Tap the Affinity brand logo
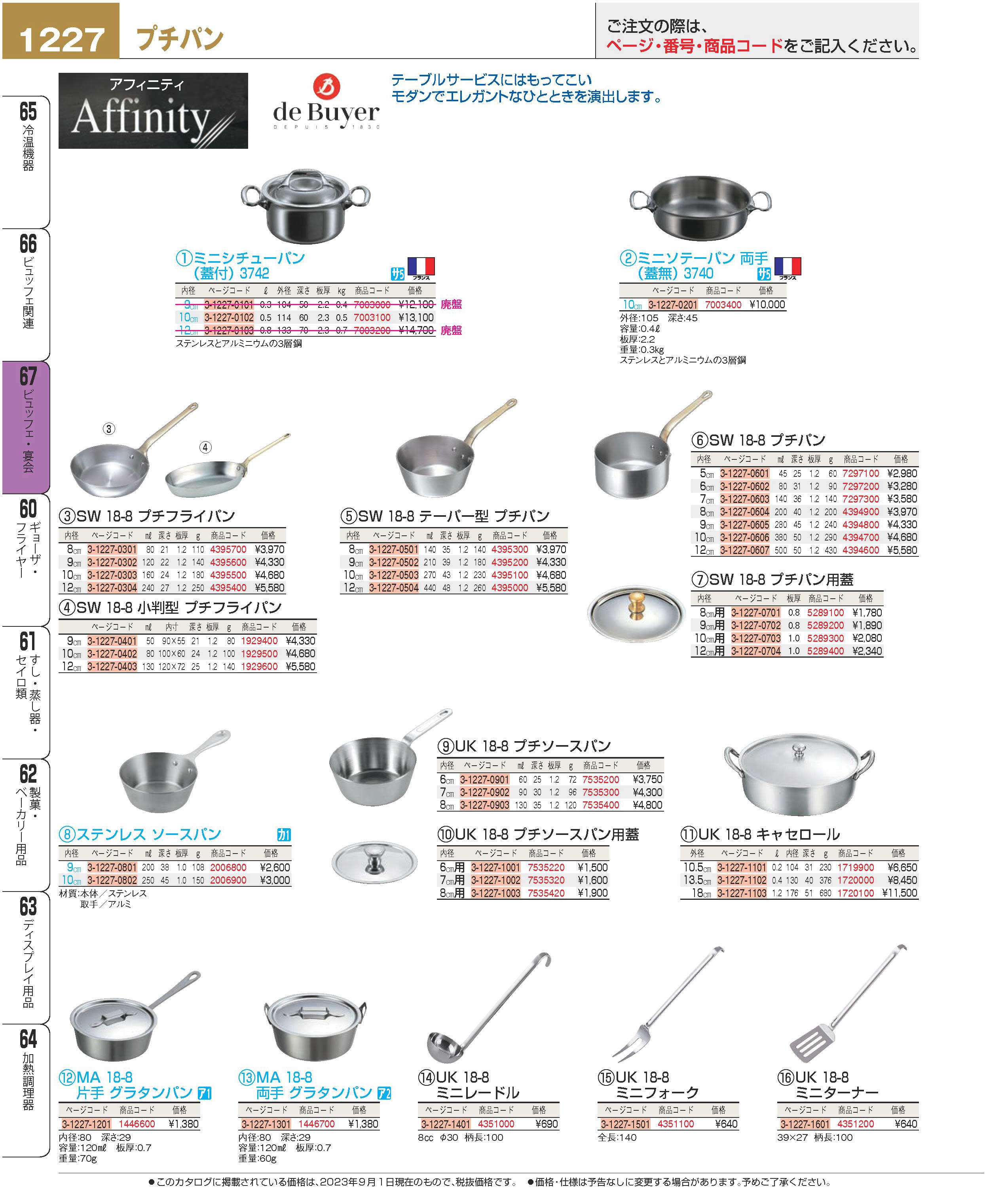153,111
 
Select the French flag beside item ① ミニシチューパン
421,267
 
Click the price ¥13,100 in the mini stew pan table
416,318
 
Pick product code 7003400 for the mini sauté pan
723,305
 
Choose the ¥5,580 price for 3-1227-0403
300,667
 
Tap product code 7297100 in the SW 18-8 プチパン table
860,474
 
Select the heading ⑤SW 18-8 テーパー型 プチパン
445,516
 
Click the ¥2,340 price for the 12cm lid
867,651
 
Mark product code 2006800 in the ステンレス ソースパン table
228,867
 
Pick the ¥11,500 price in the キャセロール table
900,893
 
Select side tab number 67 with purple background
28,377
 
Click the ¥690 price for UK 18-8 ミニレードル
547,1124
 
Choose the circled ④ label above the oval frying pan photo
205,448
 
